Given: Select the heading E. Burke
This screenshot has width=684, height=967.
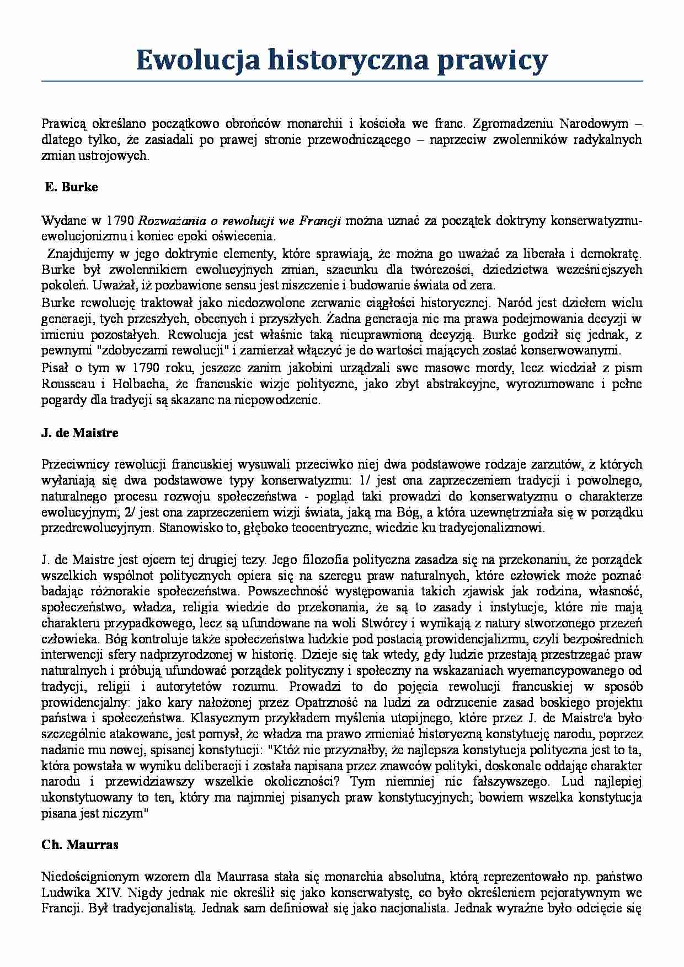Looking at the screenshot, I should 71,187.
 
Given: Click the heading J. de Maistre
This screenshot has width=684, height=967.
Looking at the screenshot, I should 80,433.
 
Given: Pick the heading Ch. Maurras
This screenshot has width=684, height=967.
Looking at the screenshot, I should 80,845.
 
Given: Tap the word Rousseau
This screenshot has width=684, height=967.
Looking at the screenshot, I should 68,384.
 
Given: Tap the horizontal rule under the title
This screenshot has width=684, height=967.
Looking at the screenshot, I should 342,82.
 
